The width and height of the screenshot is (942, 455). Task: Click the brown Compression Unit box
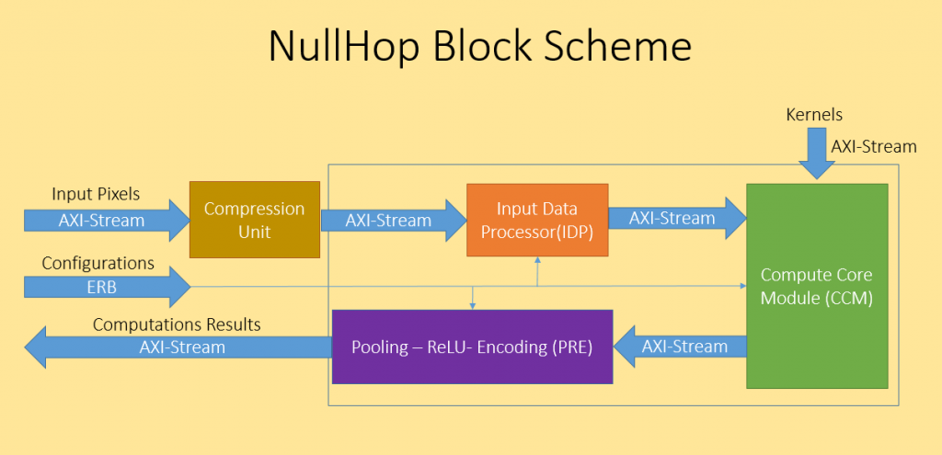[255, 220]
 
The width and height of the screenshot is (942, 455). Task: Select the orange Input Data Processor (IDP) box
[537, 221]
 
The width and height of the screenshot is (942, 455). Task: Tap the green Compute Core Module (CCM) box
[817, 286]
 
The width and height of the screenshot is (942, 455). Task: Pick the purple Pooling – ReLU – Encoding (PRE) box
[472, 347]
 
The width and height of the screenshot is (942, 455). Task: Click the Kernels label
[814, 114]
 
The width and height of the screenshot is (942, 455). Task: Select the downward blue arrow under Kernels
[817, 154]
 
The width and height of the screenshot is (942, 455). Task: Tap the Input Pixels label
[96, 194]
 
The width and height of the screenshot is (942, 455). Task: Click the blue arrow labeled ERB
[108, 287]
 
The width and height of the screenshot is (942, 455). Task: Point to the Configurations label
[98, 263]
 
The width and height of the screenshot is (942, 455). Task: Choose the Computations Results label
[177, 324]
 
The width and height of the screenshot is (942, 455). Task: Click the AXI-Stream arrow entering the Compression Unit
[107, 221]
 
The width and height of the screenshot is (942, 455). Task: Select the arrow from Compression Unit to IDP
[394, 221]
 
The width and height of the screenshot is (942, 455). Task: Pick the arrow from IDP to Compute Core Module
[678, 218]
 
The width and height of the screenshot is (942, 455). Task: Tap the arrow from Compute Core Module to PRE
[680, 347]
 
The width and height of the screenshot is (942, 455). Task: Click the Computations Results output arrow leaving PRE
[178, 347]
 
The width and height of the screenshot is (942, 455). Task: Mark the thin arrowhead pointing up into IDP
[537, 260]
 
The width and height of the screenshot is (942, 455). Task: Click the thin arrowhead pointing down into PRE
[473, 306]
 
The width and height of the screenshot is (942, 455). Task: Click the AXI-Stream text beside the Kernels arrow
[874, 146]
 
